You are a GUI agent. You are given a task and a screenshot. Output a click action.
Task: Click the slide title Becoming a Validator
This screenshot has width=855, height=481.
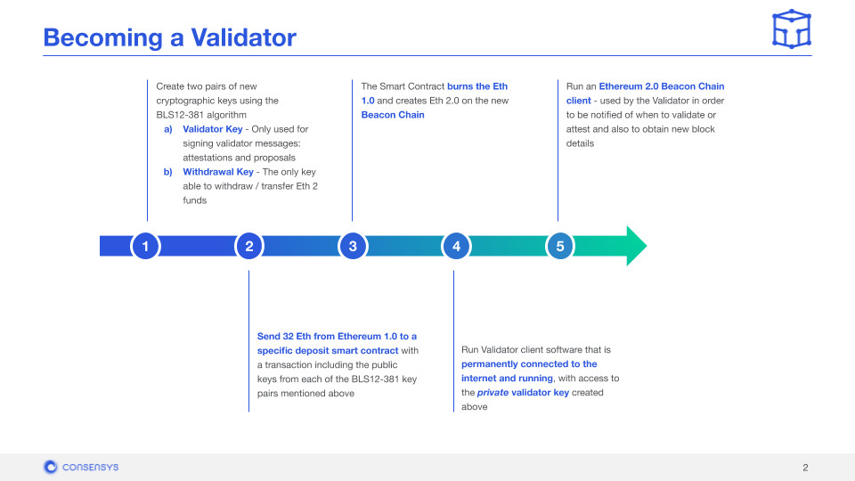169,37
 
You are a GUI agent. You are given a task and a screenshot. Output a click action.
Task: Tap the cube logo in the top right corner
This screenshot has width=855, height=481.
791,29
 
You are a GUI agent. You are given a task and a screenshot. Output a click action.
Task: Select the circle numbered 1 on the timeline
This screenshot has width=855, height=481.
145,247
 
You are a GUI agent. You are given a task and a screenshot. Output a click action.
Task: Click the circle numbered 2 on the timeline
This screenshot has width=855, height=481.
249,247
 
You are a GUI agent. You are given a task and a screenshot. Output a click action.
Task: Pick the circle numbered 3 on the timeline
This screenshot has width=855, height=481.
353,247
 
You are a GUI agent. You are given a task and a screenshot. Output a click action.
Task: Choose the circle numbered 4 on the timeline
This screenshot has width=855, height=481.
456,247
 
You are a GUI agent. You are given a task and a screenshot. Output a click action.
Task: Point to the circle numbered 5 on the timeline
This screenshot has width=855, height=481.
559,247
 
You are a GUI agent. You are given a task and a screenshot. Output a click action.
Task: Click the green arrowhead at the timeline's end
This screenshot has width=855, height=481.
634,246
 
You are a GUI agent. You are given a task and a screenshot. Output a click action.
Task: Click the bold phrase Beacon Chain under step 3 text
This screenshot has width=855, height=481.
393,115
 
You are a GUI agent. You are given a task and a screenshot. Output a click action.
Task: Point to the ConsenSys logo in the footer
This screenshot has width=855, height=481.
81,467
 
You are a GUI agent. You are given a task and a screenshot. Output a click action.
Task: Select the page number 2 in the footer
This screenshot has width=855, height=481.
805,468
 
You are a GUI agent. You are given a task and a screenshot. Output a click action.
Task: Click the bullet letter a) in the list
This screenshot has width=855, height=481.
167,129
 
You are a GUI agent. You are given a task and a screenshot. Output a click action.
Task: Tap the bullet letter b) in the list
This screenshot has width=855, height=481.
167,172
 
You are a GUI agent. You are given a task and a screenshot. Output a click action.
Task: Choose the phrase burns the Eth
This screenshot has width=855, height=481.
477,86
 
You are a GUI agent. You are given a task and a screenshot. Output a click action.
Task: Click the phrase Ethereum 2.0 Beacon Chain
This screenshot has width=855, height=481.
655,86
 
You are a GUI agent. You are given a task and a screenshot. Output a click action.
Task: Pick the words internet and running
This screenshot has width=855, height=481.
502,378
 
